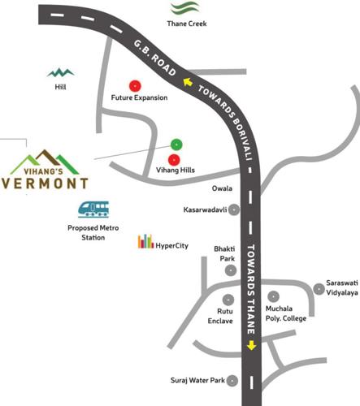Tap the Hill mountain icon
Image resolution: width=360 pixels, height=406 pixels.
click(60, 72)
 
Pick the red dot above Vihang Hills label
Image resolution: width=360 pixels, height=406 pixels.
click(174, 158)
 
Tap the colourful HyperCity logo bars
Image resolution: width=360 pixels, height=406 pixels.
click(145, 241)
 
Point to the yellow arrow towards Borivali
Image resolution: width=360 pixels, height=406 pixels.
click(188, 81)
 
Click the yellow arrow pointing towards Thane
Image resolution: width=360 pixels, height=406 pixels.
click(251, 345)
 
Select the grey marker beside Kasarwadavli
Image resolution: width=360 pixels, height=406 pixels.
click(234, 209)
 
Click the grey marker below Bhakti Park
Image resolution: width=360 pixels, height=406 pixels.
click(231, 270)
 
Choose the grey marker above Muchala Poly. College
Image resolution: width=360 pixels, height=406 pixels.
click(274, 298)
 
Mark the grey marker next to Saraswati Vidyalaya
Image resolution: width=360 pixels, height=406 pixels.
click(319, 287)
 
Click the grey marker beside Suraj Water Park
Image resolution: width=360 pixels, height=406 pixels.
click(232, 379)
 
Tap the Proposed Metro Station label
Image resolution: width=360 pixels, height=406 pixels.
click(93, 234)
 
